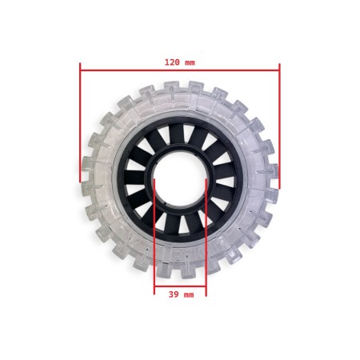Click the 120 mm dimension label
(x=179, y=62)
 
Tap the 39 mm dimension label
(x=181, y=294)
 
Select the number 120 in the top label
(x=171, y=62)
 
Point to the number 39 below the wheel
(x=174, y=294)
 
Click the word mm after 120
(x=190, y=62)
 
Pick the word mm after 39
(x=189, y=294)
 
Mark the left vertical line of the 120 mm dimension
(x=80, y=128)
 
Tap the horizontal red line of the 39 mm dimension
(x=180, y=286)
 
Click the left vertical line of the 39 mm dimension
(x=154, y=240)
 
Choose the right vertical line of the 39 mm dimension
(x=206, y=240)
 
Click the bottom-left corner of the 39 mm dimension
(x=154, y=286)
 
